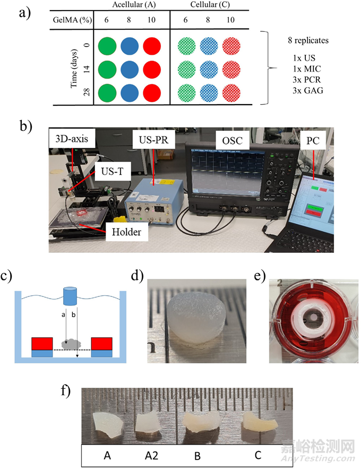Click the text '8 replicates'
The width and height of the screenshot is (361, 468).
305,40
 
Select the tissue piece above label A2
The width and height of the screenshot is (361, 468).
144,419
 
